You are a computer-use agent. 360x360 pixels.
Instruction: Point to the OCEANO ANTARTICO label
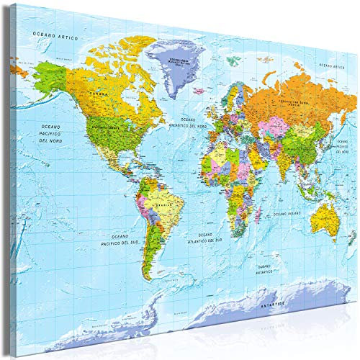pos(266,270)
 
